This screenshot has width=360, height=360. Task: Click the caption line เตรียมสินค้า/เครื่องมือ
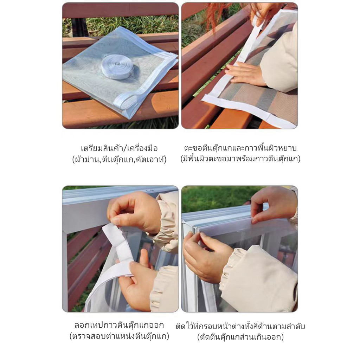(120, 148)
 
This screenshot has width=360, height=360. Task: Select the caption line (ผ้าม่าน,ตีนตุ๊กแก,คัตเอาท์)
(120, 159)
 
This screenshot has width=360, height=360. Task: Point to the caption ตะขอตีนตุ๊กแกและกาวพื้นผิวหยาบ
(240, 148)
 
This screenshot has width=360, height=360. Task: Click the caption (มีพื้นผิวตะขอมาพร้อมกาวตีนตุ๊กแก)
(240, 159)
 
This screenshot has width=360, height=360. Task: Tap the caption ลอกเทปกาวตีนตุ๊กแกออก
(120, 325)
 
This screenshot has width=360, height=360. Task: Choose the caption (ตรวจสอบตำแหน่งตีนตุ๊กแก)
(120, 336)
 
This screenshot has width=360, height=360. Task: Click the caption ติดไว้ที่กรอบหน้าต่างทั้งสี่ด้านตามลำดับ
(240, 326)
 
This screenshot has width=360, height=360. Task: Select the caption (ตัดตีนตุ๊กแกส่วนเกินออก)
(240, 337)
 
